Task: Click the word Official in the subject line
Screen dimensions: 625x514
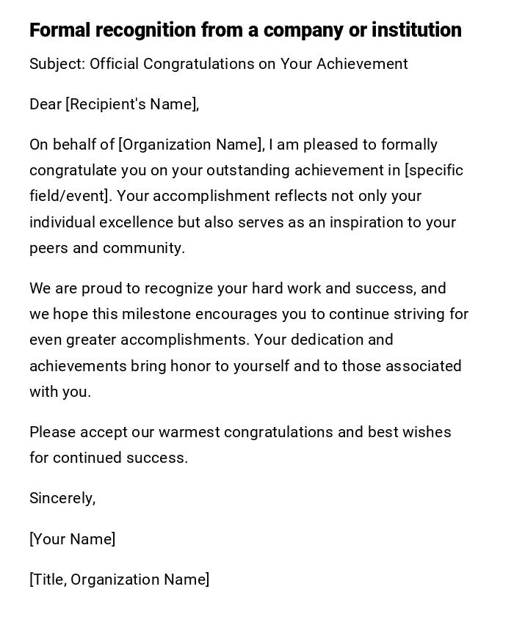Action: (x=115, y=64)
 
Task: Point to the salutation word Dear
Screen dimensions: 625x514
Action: (x=46, y=104)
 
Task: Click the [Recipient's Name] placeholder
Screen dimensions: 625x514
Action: (x=132, y=104)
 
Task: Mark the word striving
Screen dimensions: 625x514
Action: (x=418, y=314)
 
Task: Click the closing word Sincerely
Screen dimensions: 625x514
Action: (x=62, y=499)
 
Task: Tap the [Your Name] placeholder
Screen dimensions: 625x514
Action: (x=72, y=539)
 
